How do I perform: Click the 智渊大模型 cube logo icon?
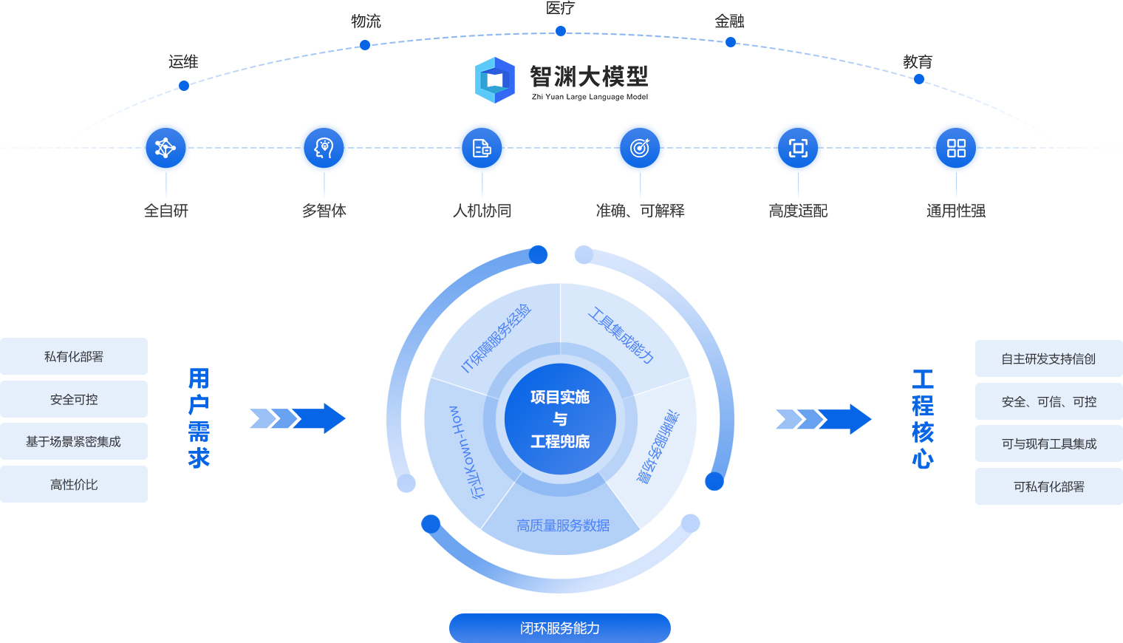coord(494,80)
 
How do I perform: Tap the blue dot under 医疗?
coord(561,31)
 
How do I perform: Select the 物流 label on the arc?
coord(366,21)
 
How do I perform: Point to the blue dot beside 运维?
coord(184,86)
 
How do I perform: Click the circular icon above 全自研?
coord(165,148)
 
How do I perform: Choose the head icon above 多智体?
coord(324,148)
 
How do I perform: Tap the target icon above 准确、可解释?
coord(640,148)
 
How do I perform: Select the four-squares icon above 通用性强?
coord(956,148)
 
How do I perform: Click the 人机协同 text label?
coord(482,211)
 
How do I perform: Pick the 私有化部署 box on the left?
coord(74,356)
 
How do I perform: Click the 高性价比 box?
coord(74,484)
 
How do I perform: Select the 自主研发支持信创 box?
coord(1048,358)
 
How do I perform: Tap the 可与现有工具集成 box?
coord(1048,443)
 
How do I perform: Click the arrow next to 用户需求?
coord(298,418)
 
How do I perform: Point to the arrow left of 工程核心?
coord(823,419)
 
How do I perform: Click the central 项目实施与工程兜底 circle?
coord(560,419)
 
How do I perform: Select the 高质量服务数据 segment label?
coord(563,525)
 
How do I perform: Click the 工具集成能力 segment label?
coord(621,336)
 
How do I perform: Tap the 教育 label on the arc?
coord(918,62)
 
